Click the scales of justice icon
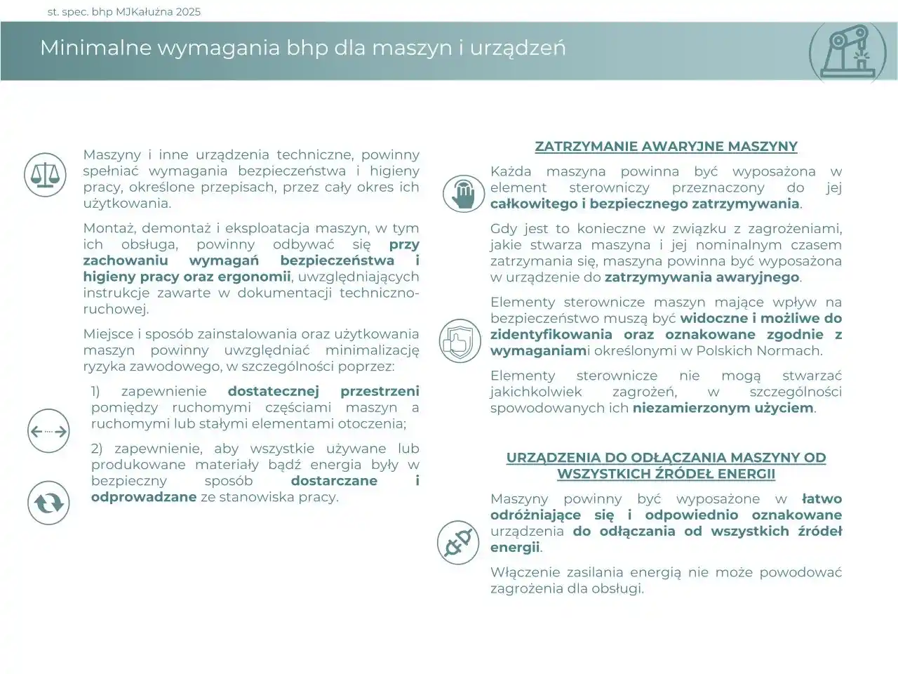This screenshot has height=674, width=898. pos(45,175)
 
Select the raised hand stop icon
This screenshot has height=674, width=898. pos(463,193)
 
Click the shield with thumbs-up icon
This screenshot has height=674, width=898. pos(460,341)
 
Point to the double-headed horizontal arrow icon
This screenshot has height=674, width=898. pos(48,431)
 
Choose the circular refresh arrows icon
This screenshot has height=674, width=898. pos(48,503)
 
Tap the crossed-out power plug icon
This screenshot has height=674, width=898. pos(457,542)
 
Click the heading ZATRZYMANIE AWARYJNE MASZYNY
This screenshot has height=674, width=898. pos(666,147)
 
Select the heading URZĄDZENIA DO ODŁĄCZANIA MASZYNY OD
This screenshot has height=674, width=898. pos(666,458)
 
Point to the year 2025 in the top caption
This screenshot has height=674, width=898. pos(189,11)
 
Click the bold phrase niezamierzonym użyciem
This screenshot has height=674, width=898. pos(723,408)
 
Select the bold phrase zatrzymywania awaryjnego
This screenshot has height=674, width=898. pos(702,277)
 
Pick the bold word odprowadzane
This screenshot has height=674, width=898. pos(143,497)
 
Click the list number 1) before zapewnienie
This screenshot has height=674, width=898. pos(98,392)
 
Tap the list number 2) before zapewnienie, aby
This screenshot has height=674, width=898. pos(98,449)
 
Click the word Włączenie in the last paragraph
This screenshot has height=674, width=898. pos(523,572)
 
